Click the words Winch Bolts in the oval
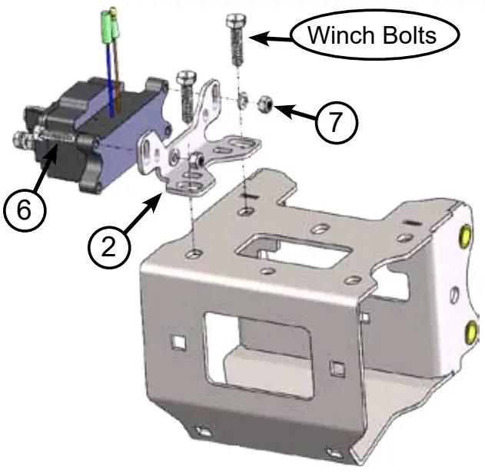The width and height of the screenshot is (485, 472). coord(372,35)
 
